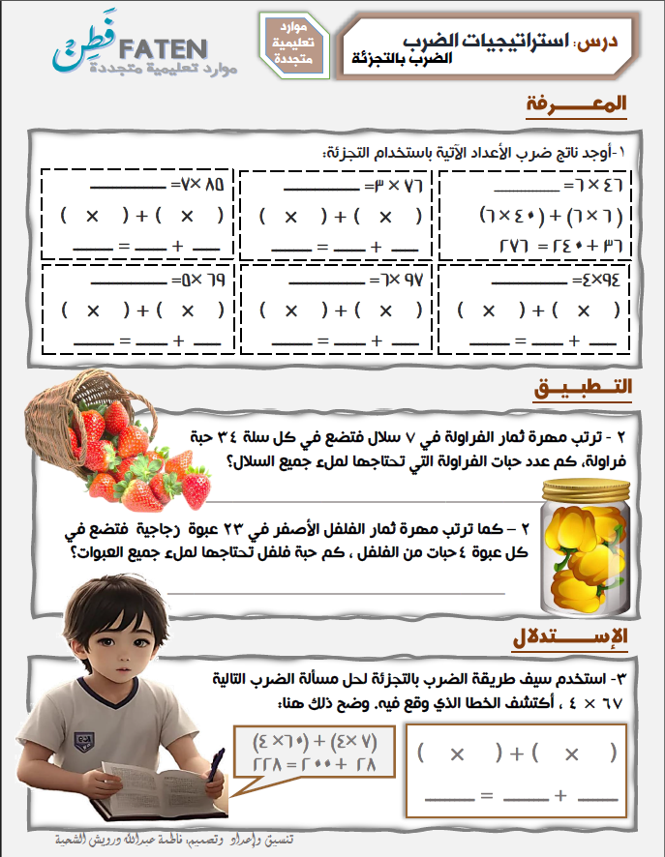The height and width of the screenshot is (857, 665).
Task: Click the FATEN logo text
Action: [x=166, y=48]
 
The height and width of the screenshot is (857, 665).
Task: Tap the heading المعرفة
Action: [x=577, y=104]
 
